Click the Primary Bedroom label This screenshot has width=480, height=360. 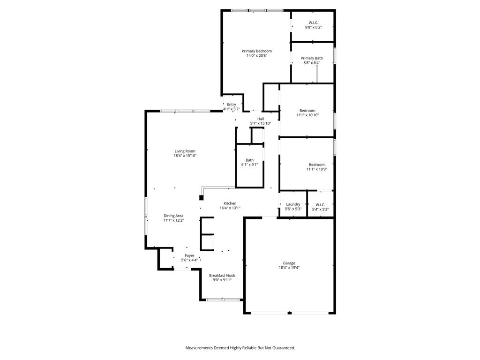click(x=256, y=51)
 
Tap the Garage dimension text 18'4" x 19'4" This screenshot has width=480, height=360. click(x=289, y=268)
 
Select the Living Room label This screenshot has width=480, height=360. click(x=185, y=151)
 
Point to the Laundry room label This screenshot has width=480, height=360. click(x=293, y=204)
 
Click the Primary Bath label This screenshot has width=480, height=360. click(x=312, y=58)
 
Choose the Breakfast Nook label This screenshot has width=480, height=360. click(x=222, y=276)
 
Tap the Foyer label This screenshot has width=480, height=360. click(x=189, y=255)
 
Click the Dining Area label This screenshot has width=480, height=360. click(x=173, y=216)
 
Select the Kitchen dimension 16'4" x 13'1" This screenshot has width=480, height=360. click(x=230, y=208)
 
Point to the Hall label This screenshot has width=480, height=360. click(x=261, y=119)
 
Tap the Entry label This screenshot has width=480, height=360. click(x=232, y=105)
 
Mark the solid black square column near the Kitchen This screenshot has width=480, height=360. click(x=202, y=197)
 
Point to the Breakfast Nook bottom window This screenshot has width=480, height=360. click(x=223, y=300)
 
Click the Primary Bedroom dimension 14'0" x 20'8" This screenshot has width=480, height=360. click(x=256, y=56)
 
